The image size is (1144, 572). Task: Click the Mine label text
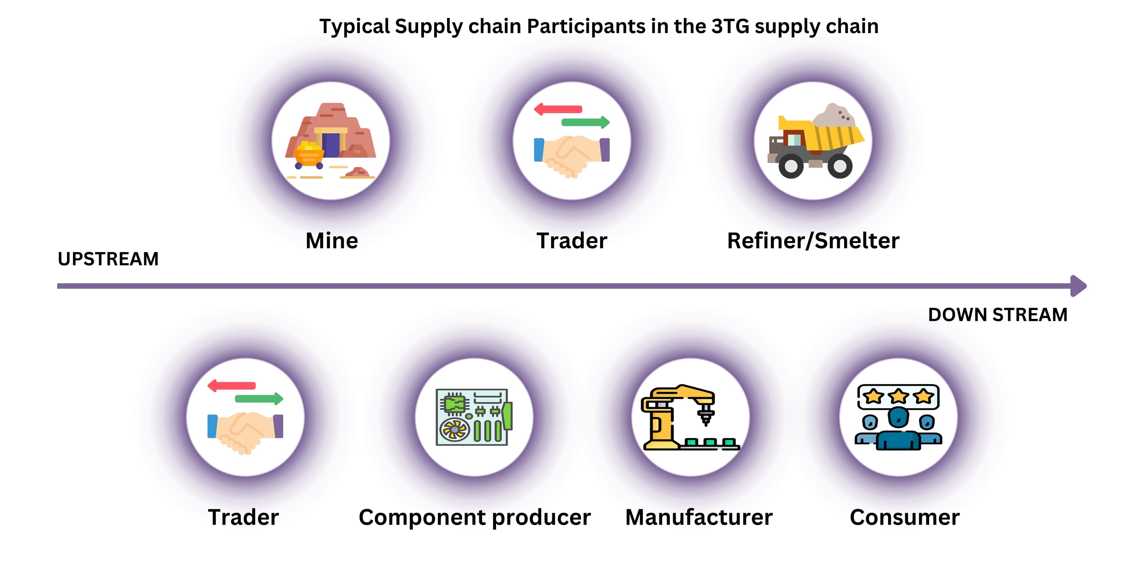click(332, 241)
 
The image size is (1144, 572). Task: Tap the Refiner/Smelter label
click(813, 241)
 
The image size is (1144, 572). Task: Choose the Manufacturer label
click(699, 517)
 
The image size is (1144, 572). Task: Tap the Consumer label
click(905, 517)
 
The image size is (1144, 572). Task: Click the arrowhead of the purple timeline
click(1079, 286)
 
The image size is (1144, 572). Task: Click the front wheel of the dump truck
click(791, 166)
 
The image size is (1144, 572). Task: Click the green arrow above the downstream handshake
click(259, 398)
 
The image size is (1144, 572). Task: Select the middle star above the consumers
click(899, 396)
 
